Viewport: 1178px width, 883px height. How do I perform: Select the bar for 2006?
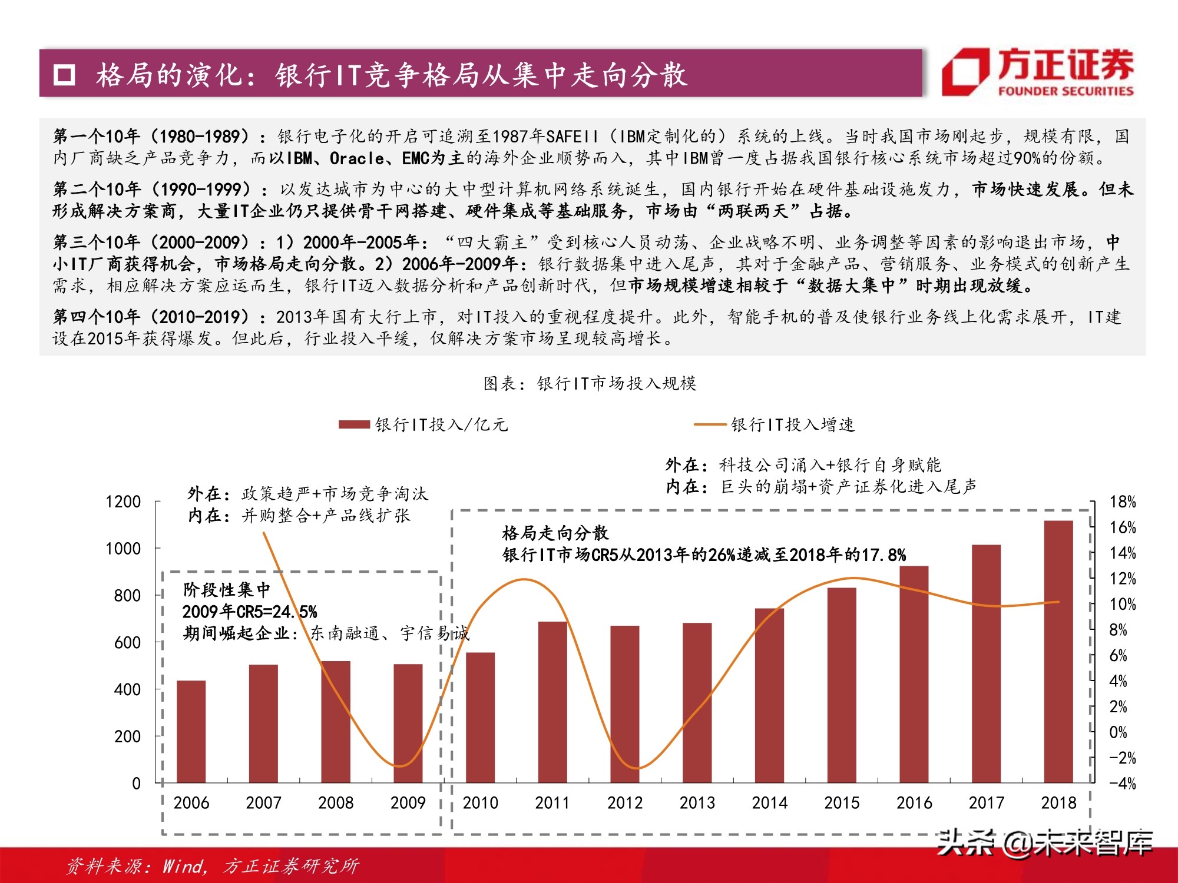(x=191, y=732)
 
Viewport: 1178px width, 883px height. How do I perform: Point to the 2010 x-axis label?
(x=480, y=803)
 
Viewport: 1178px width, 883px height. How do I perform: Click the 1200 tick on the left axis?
(x=123, y=502)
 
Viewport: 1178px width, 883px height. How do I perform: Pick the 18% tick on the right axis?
(x=1122, y=502)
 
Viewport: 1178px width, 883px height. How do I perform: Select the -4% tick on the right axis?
(x=1122, y=784)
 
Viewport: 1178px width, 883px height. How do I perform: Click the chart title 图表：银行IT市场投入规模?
(x=590, y=384)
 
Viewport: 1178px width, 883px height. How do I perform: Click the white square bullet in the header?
(x=64, y=75)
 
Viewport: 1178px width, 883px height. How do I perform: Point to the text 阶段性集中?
(x=227, y=589)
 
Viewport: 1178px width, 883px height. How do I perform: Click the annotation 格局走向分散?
(x=555, y=533)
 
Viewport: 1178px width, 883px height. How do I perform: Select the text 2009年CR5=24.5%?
(x=249, y=612)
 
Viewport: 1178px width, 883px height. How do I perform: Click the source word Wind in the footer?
(x=183, y=866)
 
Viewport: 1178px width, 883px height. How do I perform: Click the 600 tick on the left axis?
(x=127, y=642)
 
